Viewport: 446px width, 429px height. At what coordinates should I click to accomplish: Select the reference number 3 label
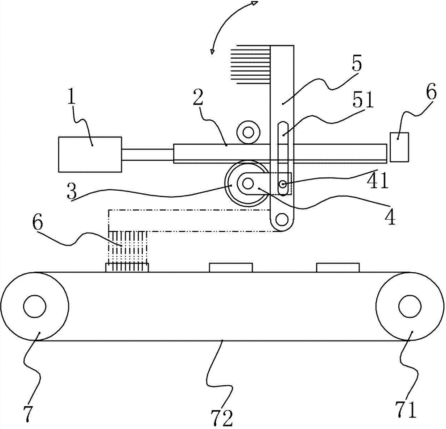[72, 192]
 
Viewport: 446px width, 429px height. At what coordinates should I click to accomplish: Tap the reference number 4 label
[390, 217]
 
